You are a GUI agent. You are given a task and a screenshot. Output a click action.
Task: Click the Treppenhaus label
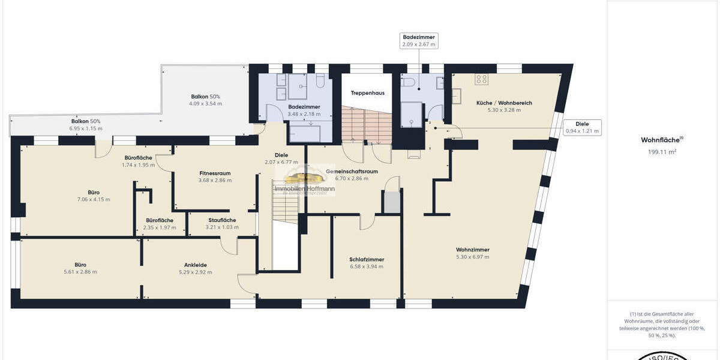[368, 93]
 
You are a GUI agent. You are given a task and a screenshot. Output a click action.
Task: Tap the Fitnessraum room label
[215, 173]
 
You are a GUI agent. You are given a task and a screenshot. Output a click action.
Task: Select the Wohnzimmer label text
[472, 250]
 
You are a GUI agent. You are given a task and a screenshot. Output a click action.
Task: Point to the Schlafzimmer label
[366, 260]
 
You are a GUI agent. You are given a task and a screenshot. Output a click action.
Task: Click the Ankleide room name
[196, 265]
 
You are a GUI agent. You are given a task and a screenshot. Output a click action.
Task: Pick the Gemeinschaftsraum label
[352, 172]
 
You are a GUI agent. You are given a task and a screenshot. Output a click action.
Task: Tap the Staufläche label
[222, 220]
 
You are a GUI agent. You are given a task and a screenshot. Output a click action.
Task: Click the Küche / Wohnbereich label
[504, 103]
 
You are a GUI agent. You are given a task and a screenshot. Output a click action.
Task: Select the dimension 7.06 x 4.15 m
[93, 200]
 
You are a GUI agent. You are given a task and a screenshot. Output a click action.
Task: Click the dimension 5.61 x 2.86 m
[80, 272]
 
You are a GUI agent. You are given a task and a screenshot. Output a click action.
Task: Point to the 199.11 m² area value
[662, 152]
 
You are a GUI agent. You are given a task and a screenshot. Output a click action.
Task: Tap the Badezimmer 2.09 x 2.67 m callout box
[419, 41]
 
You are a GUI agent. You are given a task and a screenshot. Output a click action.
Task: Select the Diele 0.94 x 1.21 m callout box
[581, 127]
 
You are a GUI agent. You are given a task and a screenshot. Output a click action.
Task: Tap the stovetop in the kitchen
[482, 79]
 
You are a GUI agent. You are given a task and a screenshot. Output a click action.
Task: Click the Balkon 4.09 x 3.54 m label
[205, 100]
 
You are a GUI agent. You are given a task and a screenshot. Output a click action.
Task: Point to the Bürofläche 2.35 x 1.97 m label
[159, 224]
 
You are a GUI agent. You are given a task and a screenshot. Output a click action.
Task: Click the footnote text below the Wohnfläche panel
[662, 325]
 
